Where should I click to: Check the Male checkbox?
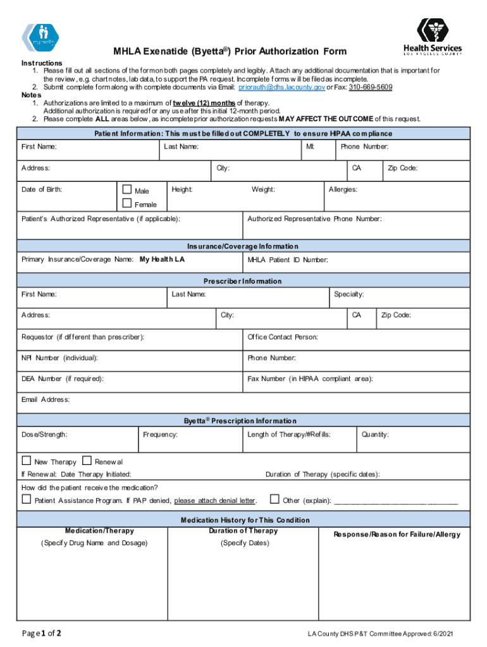click(x=126, y=190)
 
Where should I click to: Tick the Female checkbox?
click(x=126, y=203)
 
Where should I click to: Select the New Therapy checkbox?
click(x=26, y=461)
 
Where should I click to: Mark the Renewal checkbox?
click(x=87, y=461)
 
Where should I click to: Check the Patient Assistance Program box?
click(x=26, y=500)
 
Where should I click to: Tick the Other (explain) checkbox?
click(x=274, y=500)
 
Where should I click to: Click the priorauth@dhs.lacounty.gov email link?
click(x=281, y=87)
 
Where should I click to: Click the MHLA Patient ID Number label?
click(x=288, y=260)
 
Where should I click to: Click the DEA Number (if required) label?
click(x=63, y=379)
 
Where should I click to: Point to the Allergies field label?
click(x=343, y=190)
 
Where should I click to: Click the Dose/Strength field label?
click(x=44, y=435)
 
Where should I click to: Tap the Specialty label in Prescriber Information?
click(x=348, y=294)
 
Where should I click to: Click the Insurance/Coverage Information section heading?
click(x=243, y=246)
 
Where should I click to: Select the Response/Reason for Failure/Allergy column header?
click(x=397, y=535)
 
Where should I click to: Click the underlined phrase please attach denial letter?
click(x=214, y=501)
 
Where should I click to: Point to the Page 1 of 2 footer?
click(x=42, y=634)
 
